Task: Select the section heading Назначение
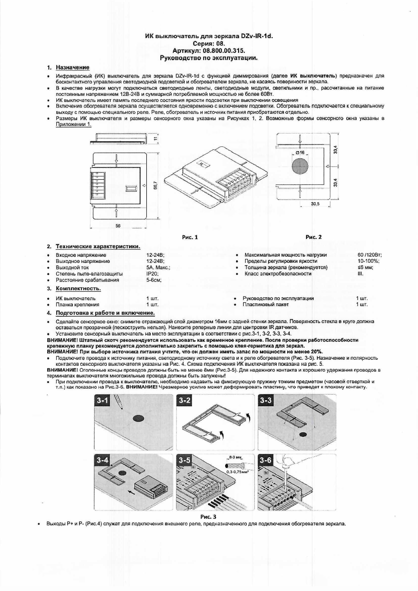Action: click(73, 67)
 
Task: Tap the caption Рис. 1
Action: click(190, 237)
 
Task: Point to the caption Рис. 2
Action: click(313, 237)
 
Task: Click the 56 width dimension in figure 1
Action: click(118, 226)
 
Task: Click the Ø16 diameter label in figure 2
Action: click(300, 152)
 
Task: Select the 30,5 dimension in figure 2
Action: click(315, 204)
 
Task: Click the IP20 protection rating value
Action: click(152, 274)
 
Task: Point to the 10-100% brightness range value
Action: click(368, 261)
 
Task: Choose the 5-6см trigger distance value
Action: click(154, 280)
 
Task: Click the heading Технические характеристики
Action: click(98, 246)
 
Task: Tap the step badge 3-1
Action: click(102, 400)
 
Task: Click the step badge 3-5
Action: click(184, 460)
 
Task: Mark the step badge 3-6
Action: click(266, 460)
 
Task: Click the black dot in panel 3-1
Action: click(139, 418)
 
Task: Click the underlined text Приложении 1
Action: click(74, 124)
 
